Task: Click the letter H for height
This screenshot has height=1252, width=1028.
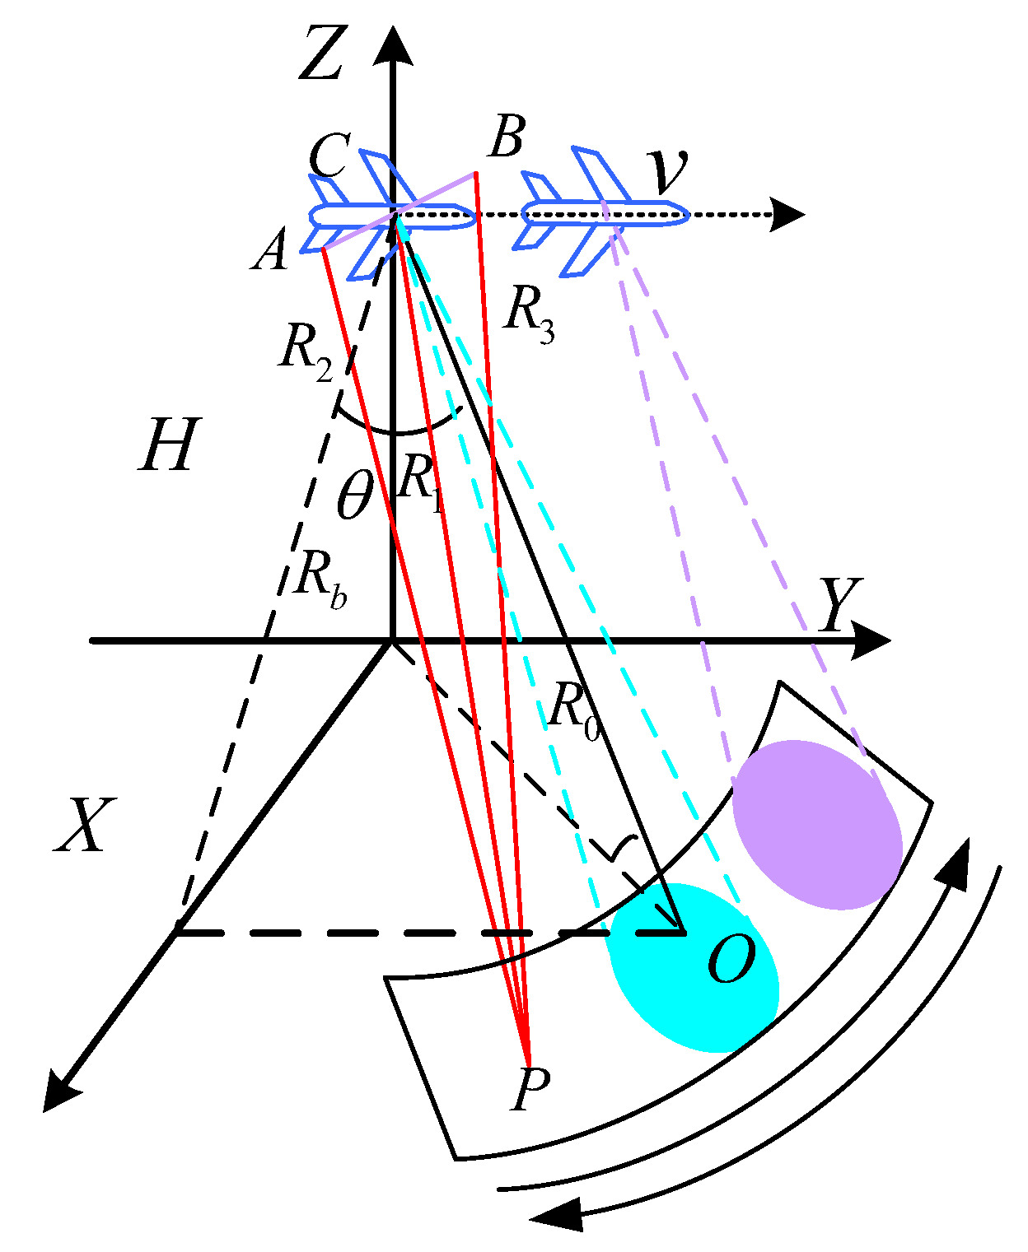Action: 170,444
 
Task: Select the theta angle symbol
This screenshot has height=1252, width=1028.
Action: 355,496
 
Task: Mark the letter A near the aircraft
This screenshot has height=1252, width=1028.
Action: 272,249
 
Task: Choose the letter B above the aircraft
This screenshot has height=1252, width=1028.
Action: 506,137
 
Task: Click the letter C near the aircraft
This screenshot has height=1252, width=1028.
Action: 329,155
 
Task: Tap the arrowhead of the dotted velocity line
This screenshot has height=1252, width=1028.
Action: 788,215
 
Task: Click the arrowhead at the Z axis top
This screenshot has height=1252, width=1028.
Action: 393,44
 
